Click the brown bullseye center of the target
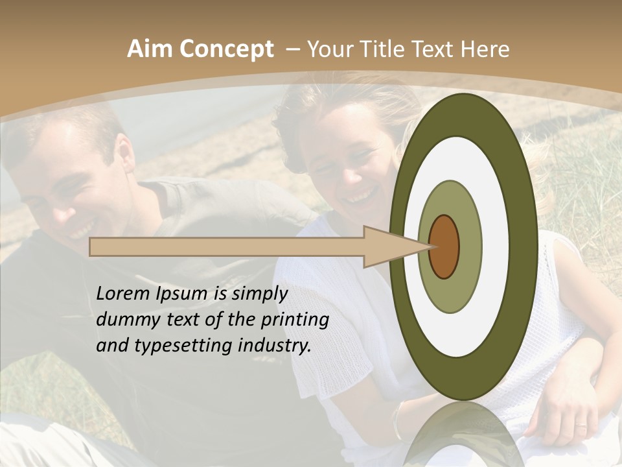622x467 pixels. coord(444,247)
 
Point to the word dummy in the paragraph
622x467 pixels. coord(127,320)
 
